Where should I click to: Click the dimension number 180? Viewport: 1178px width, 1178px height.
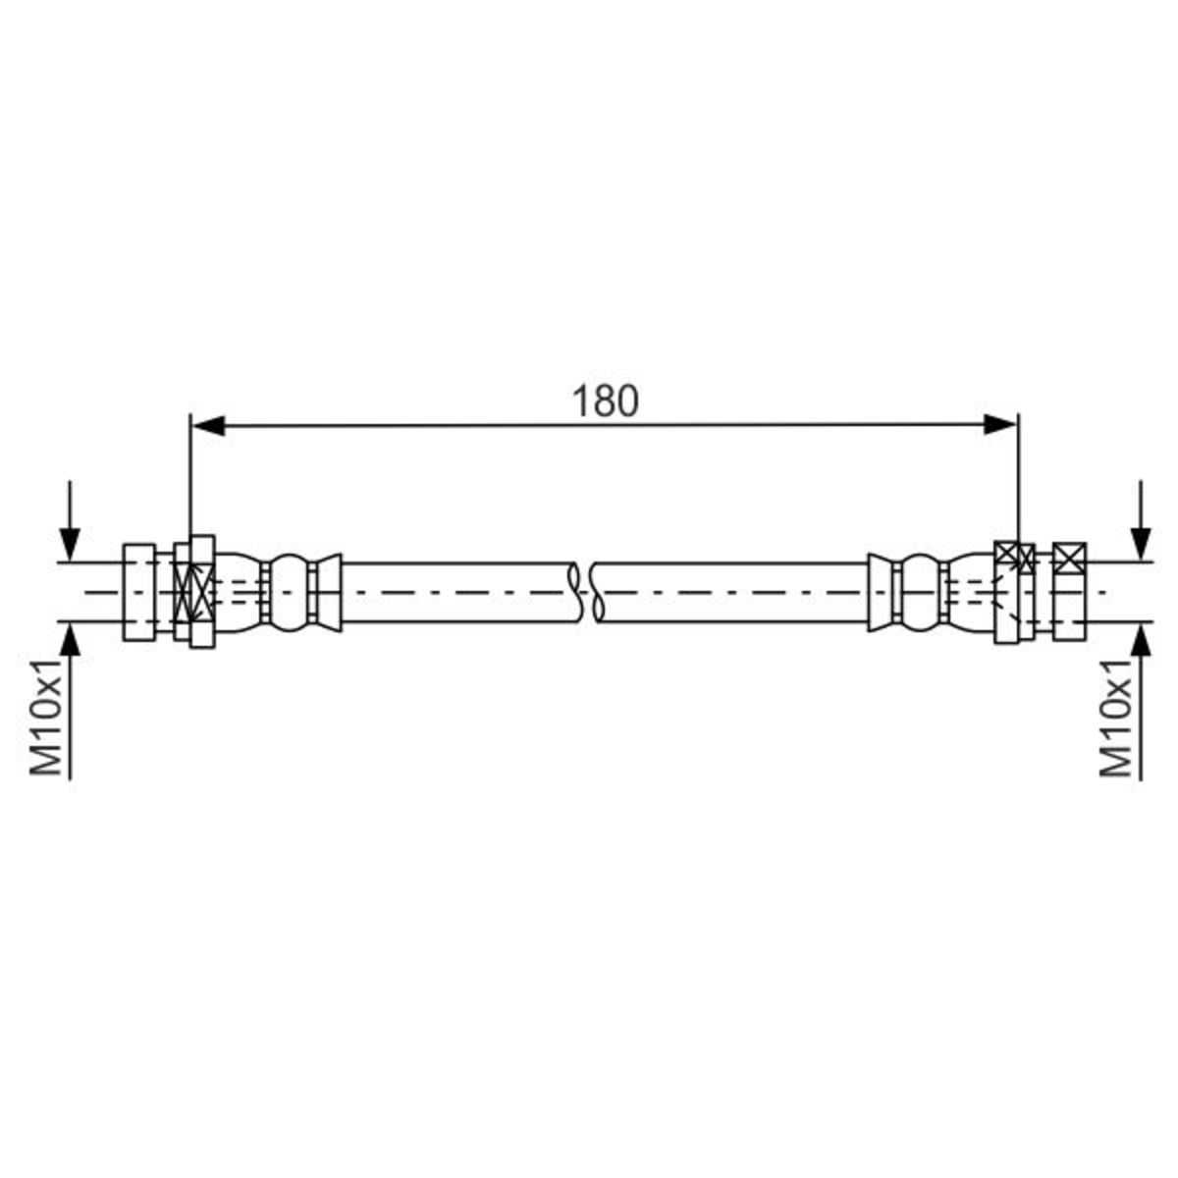pyautogui.click(x=606, y=402)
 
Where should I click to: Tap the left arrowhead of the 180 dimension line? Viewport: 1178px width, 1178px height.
pyautogui.click(x=208, y=425)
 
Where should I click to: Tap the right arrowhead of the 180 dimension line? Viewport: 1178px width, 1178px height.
pyautogui.click(x=1000, y=424)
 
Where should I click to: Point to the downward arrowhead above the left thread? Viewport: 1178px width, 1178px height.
pyautogui.click(x=71, y=544)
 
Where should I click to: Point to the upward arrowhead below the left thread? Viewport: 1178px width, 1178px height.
pyautogui.click(x=71, y=641)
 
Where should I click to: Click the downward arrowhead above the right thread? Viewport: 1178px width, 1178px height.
pyautogui.click(x=1141, y=544)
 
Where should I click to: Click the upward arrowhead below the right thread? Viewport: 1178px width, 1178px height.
pyautogui.click(x=1141, y=641)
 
